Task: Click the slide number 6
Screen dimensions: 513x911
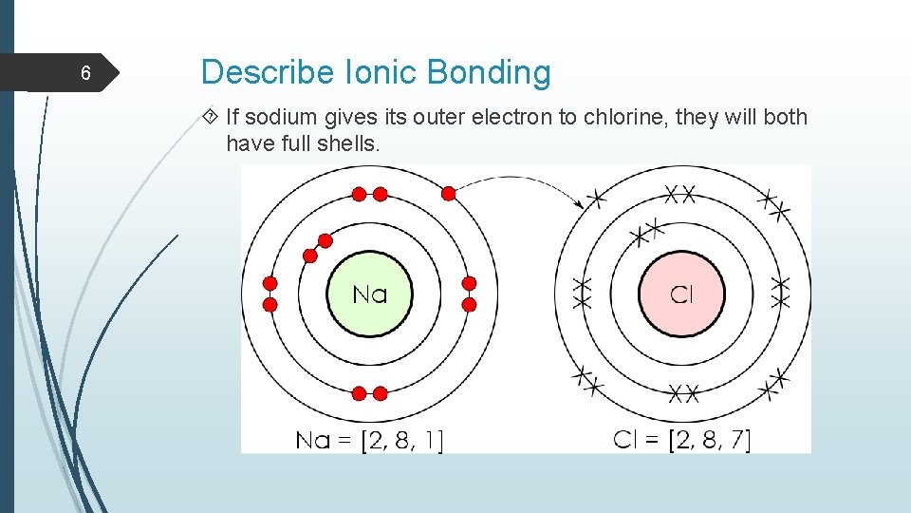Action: pyautogui.click(x=84, y=74)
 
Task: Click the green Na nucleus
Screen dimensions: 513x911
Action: pyautogui.click(x=370, y=294)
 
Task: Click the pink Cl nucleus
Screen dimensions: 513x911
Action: pyautogui.click(x=681, y=294)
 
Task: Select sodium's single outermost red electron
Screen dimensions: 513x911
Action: pyautogui.click(x=449, y=194)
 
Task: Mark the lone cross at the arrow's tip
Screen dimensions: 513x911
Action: pyautogui.click(x=596, y=199)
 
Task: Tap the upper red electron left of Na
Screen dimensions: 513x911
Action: pyautogui.click(x=270, y=284)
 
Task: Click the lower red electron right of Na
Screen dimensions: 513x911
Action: pyautogui.click(x=469, y=305)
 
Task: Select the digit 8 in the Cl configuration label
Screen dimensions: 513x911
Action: pyautogui.click(x=707, y=440)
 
